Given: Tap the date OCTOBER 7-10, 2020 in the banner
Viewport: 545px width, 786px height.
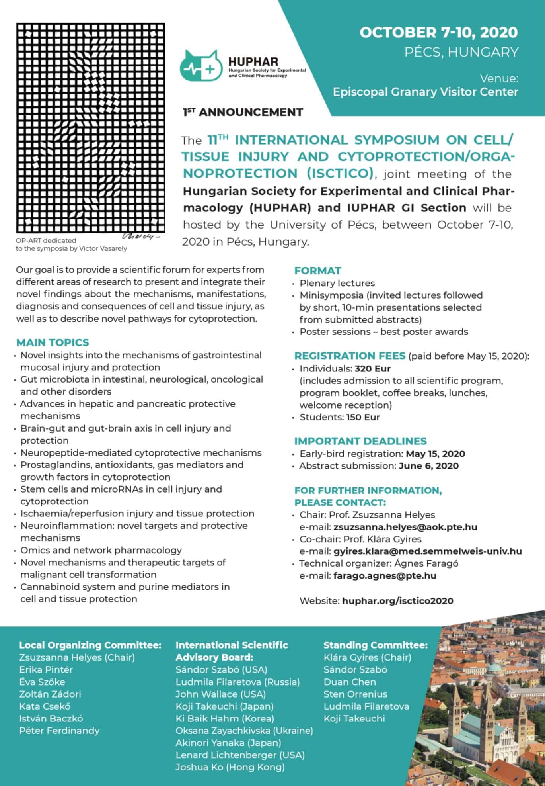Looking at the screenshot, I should pyautogui.click(x=438, y=33).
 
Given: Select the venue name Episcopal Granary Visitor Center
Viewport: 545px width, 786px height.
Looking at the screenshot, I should pyautogui.click(x=425, y=92).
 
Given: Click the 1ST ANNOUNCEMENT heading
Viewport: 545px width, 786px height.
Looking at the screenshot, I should pyautogui.click(x=243, y=113).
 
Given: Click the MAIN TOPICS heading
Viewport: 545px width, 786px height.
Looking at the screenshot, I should pyautogui.click(x=53, y=342).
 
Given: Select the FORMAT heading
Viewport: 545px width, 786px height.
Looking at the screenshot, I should pyautogui.click(x=317, y=271).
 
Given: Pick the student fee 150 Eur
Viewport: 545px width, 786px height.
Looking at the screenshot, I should pyautogui.click(x=363, y=417).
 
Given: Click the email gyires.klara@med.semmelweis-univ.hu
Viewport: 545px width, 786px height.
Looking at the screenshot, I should pyautogui.click(x=428, y=551).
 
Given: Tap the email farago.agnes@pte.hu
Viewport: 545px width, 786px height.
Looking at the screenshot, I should pyautogui.click(x=385, y=576).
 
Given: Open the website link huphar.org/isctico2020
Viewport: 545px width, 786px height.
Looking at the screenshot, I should pyautogui.click(x=397, y=601).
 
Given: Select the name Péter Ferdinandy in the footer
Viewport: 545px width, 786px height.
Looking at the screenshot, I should pyautogui.click(x=59, y=731).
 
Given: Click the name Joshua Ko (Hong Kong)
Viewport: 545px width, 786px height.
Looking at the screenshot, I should pyautogui.click(x=230, y=767).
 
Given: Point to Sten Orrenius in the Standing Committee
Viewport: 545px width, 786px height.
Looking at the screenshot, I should pyautogui.click(x=355, y=694).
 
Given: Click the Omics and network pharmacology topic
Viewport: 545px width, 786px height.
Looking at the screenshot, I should pyautogui.click(x=101, y=550).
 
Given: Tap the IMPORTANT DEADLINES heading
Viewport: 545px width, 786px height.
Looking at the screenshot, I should pyautogui.click(x=360, y=441).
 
